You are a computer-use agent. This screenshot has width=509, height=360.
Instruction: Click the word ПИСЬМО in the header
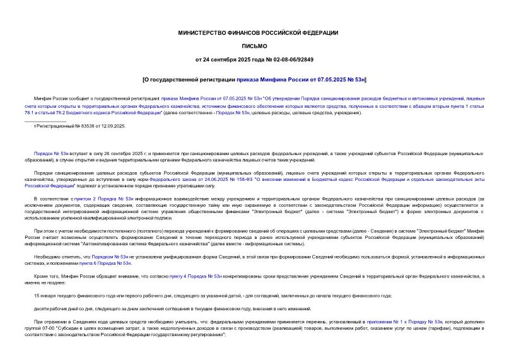(x=254, y=46)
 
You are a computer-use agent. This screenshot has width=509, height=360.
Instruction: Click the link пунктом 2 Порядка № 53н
(x=103, y=199)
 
